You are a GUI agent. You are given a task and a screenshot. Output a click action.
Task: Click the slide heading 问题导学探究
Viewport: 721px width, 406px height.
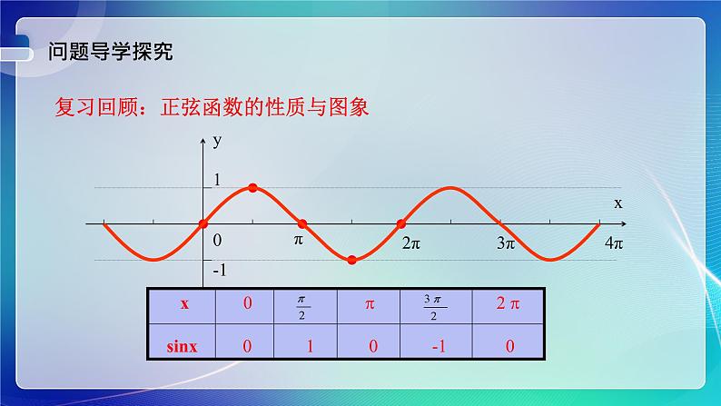point(110,51)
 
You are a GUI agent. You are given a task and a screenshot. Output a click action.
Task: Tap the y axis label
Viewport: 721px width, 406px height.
point(217,141)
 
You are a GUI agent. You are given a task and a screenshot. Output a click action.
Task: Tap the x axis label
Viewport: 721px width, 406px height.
point(617,203)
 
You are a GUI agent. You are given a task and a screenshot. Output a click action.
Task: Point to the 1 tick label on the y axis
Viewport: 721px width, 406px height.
point(216,179)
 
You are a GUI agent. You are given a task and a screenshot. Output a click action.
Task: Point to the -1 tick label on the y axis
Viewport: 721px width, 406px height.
point(218,271)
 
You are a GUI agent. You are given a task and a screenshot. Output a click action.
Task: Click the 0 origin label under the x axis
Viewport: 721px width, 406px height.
point(216,241)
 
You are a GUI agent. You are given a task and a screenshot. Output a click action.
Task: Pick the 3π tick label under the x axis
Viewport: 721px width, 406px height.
point(506,243)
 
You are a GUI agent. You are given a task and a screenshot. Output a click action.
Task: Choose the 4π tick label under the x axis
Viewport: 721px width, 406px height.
point(614,243)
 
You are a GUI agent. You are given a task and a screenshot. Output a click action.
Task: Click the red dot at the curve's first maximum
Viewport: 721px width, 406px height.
point(252,188)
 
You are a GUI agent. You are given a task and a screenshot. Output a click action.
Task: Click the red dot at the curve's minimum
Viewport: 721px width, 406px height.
point(352,260)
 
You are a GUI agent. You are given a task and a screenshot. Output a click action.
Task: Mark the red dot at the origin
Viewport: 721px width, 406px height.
point(203,223)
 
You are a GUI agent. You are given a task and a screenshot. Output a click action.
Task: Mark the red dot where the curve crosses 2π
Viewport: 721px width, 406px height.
point(401,223)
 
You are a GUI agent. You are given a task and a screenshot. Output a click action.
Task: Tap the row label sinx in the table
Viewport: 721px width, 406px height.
point(183,345)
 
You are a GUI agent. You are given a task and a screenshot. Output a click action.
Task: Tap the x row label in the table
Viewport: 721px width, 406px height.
point(183,305)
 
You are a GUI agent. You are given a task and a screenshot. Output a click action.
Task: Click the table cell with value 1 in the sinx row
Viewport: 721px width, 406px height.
point(305,345)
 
